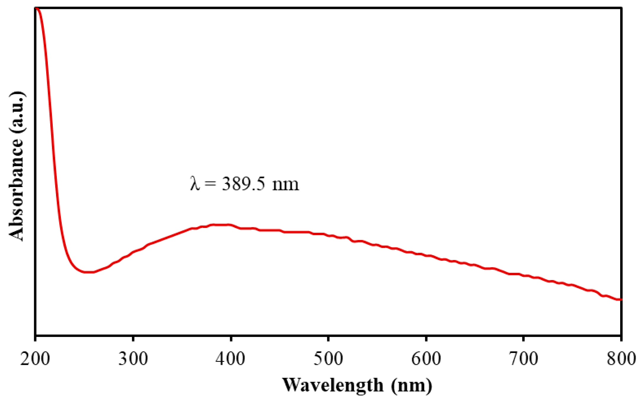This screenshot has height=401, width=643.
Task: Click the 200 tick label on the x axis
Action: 35,359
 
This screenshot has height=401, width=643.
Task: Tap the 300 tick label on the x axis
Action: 133,359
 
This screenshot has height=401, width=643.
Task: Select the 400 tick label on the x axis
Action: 230,359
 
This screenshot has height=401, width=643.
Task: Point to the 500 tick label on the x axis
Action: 328,359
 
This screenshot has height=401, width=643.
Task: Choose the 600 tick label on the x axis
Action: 426,359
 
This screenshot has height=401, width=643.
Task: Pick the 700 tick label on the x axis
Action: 524,359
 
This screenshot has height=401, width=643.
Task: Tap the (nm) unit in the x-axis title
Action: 411,385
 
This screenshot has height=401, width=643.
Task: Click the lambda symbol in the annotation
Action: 195,184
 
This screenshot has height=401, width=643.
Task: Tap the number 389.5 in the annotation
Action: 243,184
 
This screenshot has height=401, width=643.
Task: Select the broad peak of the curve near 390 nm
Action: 221,225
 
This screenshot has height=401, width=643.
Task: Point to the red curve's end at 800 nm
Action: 620,300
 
